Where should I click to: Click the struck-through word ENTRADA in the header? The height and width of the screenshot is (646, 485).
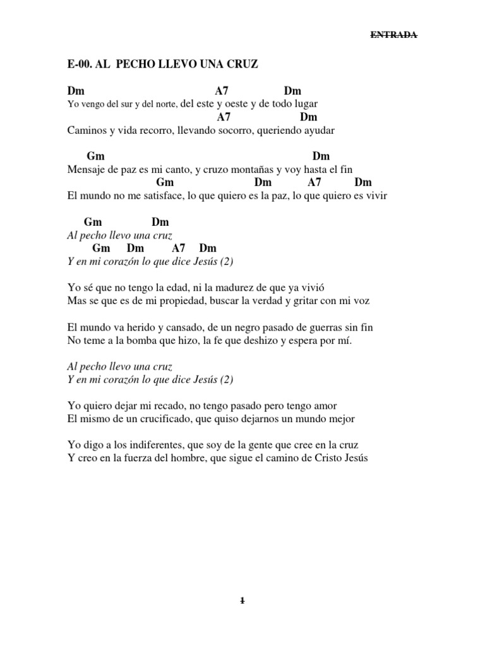pyautogui.click(x=393, y=35)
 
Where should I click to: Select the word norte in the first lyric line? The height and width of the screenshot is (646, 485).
pyautogui.click(x=166, y=104)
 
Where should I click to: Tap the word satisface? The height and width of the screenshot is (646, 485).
pyautogui.click(x=159, y=196)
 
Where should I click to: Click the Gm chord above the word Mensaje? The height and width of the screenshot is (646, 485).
pyautogui.click(x=95, y=156)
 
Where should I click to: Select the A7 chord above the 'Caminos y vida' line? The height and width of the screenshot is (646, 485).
pyautogui.click(x=224, y=117)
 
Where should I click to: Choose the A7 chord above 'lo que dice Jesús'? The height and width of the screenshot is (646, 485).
pyautogui.click(x=179, y=248)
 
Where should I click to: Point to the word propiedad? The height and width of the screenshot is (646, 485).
pyautogui.click(x=165, y=301)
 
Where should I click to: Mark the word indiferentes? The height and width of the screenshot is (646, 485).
pyautogui.click(x=151, y=445)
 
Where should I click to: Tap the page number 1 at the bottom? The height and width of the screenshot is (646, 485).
pyautogui.click(x=242, y=601)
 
